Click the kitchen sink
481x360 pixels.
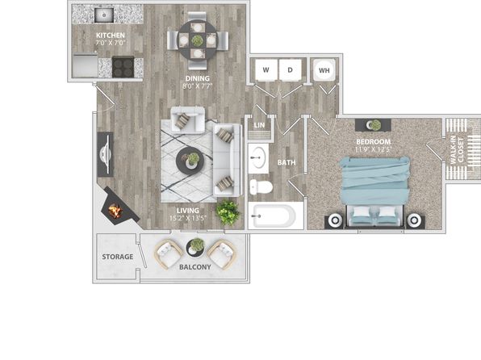[104, 15]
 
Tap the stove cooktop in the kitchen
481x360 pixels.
[123, 67]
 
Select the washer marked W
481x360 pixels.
[266, 70]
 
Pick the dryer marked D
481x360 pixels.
[291, 70]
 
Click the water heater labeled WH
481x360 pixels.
[324, 70]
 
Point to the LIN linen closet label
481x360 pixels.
[259, 125]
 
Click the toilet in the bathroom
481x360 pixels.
[261, 187]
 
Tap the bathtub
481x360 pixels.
[272, 216]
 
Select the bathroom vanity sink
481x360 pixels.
[258, 157]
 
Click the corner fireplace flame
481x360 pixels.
[115, 211]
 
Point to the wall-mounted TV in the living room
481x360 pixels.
[105, 154]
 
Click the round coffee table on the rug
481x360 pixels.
[187, 161]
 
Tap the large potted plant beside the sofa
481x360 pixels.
[228, 212]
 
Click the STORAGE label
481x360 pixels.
[118, 257]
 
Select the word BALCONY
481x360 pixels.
[195, 267]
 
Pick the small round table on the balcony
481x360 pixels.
[195, 247]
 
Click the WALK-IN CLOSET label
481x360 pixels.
[457, 150]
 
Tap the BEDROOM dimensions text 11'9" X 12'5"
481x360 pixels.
[374, 149]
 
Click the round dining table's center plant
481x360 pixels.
[197, 40]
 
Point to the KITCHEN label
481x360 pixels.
[111, 35]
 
